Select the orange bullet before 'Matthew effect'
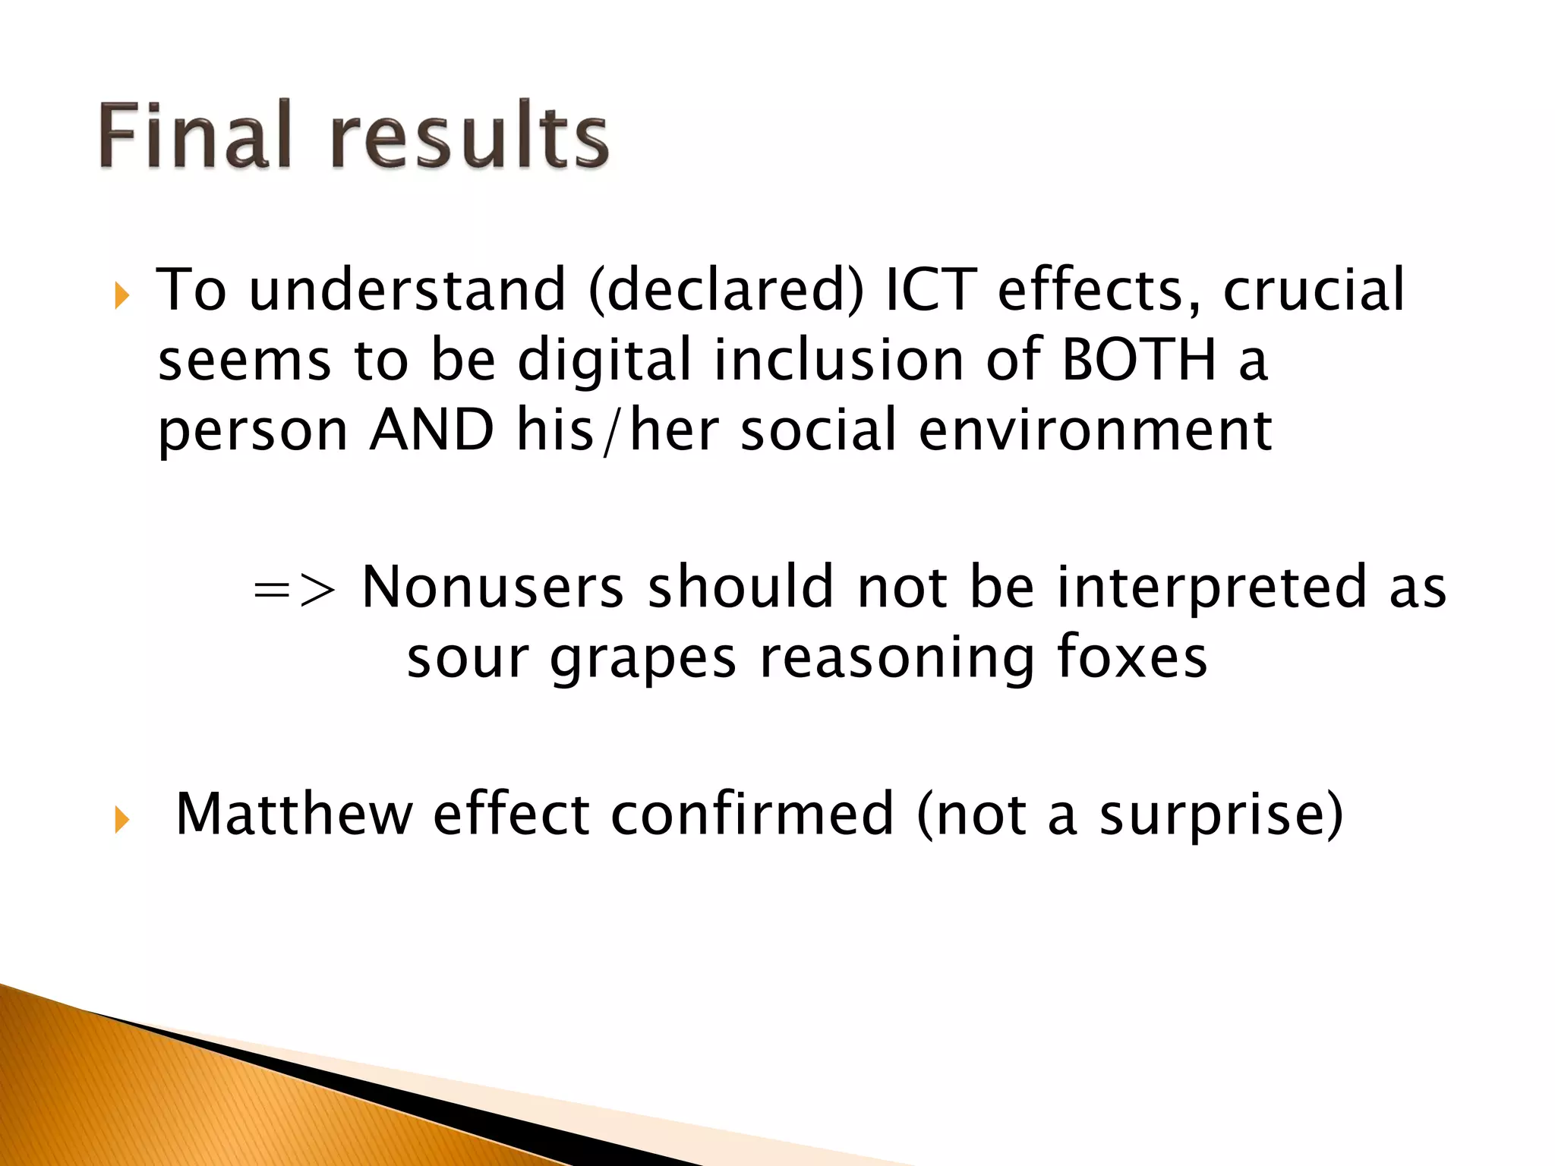coord(121,819)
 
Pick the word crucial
coord(1314,290)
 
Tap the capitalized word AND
coord(431,430)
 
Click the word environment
coord(1095,430)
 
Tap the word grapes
coord(643,659)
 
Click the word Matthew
coord(294,814)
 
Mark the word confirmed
coord(752,814)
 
